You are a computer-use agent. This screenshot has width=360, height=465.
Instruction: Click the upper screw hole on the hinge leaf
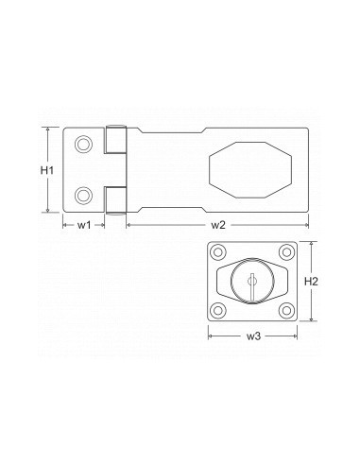click(x=84, y=143)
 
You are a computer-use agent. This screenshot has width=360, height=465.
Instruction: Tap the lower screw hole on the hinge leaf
click(x=84, y=196)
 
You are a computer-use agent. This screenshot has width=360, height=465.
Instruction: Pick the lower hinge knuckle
click(x=115, y=198)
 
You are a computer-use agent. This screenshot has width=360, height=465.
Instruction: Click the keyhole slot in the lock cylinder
click(x=253, y=280)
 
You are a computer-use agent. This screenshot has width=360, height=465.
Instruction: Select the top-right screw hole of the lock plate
click(x=285, y=252)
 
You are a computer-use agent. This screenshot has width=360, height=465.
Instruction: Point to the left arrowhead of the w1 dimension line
click(x=66, y=224)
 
